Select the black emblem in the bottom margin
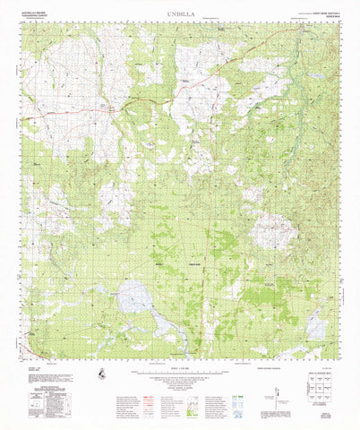coord(105,373)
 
